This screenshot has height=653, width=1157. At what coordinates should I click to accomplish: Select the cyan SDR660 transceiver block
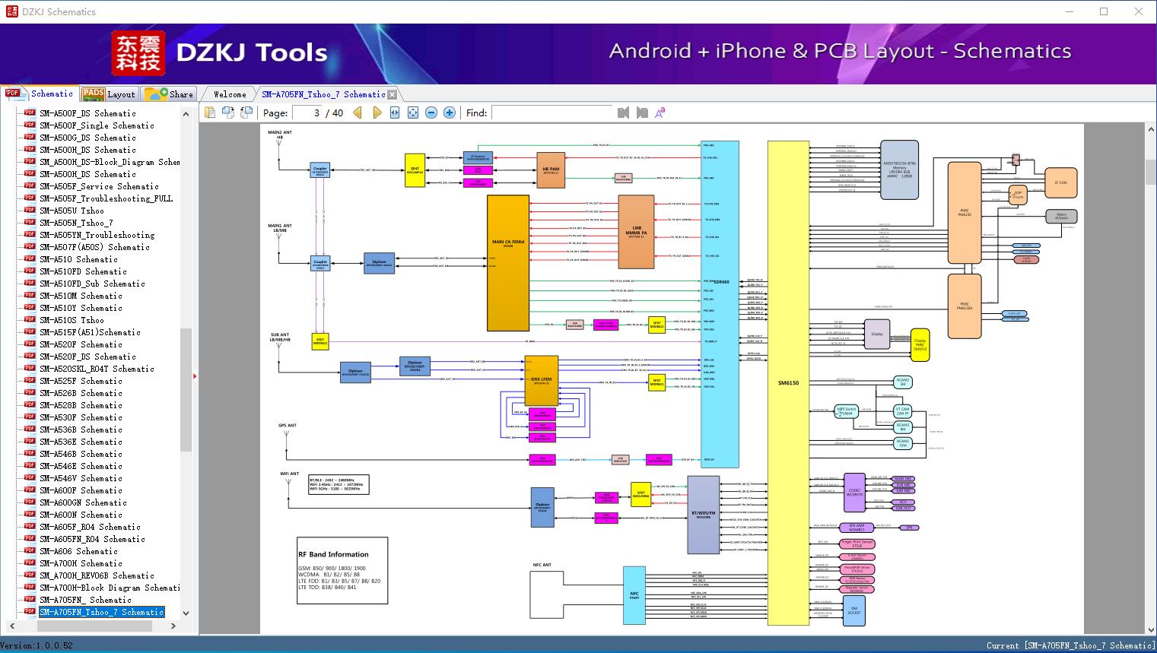(x=720, y=304)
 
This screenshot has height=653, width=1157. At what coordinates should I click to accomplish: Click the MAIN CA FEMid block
(x=507, y=262)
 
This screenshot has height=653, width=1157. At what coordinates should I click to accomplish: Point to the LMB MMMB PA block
(x=636, y=232)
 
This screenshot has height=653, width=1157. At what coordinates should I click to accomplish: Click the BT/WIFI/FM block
(x=703, y=515)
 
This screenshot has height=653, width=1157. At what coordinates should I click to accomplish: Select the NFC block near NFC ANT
(x=634, y=594)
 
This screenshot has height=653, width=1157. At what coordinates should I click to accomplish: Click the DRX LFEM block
(x=541, y=379)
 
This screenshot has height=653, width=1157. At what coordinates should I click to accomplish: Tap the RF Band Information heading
(x=333, y=554)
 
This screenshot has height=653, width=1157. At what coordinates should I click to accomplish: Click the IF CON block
(x=1060, y=183)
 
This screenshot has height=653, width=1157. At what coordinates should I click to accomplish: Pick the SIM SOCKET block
(x=853, y=610)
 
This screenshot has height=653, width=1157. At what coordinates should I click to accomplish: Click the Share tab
(x=170, y=94)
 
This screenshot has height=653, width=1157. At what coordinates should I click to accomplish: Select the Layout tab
(x=110, y=94)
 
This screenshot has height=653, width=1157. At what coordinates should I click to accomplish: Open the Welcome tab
(x=230, y=94)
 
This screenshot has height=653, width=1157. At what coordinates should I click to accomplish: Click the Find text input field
(x=551, y=113)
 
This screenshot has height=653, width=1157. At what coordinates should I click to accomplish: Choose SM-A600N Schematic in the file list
(x=81, y=515)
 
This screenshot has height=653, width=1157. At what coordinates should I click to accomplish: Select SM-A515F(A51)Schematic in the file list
(x=90, y=332)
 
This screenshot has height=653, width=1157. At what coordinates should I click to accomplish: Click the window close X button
(x=1139, y=11)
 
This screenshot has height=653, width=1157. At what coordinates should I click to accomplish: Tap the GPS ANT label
(x=287, y=426)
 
